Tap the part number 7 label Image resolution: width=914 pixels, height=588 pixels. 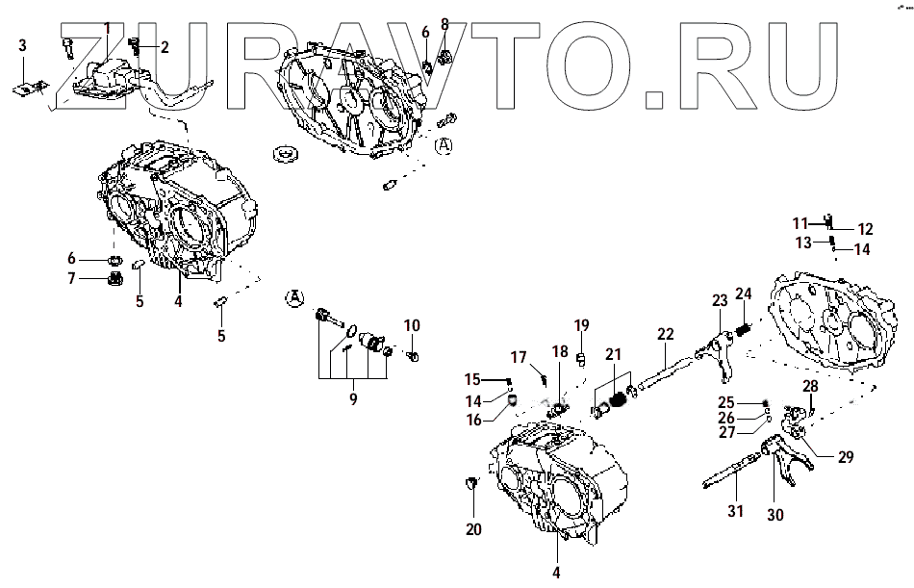click(71, 279)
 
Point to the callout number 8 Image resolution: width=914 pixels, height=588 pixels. click(444, 23)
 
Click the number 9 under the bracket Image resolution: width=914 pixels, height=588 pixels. click(353, 397)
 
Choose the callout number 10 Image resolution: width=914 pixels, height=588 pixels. click(412, 325)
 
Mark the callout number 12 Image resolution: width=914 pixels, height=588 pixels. click(865, 229)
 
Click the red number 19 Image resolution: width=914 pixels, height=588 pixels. click(580, 324)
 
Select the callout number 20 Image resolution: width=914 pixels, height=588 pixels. click(473, 528)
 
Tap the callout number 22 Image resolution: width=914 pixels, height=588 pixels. click(666, 334)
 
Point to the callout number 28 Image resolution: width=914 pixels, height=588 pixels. click(810, 387)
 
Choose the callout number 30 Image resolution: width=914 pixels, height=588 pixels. click(774, 515)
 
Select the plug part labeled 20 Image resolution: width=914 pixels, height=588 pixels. click(471, 481)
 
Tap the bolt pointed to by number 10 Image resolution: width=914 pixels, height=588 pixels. click(413, 356)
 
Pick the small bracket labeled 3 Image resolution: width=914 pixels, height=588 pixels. click(23, 86)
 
